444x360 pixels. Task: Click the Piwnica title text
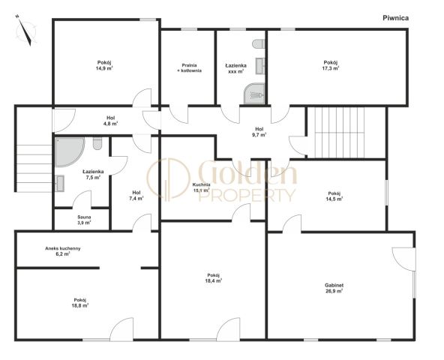click(395, 18)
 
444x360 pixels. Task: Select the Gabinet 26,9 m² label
click(334, 288)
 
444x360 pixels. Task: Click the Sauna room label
click(84, 220)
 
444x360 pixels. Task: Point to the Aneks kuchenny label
click(63, 251)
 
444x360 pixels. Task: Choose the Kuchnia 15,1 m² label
click(201, 187)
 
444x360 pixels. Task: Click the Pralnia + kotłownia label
click(190, 67)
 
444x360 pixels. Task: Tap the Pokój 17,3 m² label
click(331, 65)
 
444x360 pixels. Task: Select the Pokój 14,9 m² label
click(104, 65)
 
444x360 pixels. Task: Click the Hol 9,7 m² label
click(259, 132)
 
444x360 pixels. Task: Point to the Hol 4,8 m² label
click(111, 121)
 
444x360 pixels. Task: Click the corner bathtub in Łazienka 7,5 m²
click(69, 152)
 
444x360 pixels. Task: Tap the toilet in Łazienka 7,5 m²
click(97, 143)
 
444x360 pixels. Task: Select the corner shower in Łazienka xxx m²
click(254, 93)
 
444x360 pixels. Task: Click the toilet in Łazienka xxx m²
click(258, 44)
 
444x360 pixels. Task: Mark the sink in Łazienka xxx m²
click(260, 66)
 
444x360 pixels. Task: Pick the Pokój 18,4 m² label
click(214, 277)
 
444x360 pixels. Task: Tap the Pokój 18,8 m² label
click(80, 302)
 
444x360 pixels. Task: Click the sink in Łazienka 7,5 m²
click(60, 184)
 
